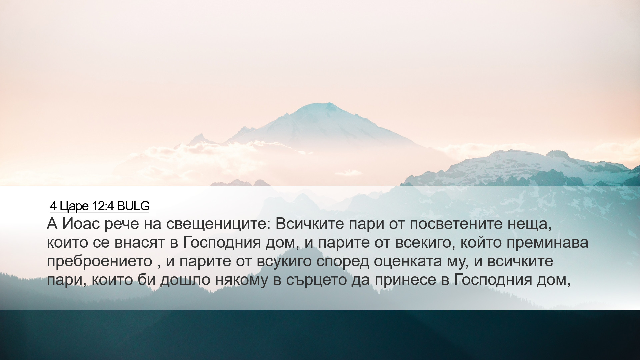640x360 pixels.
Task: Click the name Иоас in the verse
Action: [81, 224]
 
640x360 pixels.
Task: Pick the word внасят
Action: [140, 243]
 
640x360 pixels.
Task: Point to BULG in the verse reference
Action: [133, 206]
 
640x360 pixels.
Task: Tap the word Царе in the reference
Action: [74, 207]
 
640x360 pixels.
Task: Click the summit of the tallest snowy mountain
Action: [328, 103]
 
